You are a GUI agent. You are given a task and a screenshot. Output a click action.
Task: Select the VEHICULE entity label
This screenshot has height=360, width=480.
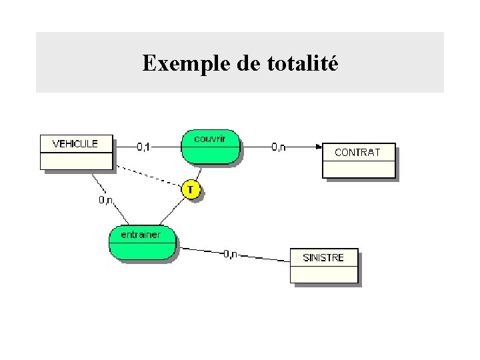point(75,143)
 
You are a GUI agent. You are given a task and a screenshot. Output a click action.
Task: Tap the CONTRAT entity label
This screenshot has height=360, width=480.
point(357,152)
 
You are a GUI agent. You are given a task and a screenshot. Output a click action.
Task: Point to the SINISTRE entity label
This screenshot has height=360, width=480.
point(323,257)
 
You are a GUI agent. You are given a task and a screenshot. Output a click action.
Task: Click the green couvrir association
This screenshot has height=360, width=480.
point(210,146)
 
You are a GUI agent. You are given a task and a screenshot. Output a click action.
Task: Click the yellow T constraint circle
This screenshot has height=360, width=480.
point(191,190)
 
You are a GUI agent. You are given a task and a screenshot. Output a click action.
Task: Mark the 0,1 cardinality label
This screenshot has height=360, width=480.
point(145,146)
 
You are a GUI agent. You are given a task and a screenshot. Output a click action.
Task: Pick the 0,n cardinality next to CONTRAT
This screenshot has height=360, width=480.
point(279,147)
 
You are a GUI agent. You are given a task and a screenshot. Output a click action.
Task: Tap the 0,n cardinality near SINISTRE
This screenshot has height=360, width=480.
point(231,253)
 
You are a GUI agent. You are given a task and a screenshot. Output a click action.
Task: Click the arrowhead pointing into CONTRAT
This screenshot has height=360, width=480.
point(318,147)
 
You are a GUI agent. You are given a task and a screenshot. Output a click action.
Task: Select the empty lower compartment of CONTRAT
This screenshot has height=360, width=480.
point(358,169)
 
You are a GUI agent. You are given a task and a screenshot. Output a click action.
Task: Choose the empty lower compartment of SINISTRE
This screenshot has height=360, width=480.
point(323,273)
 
